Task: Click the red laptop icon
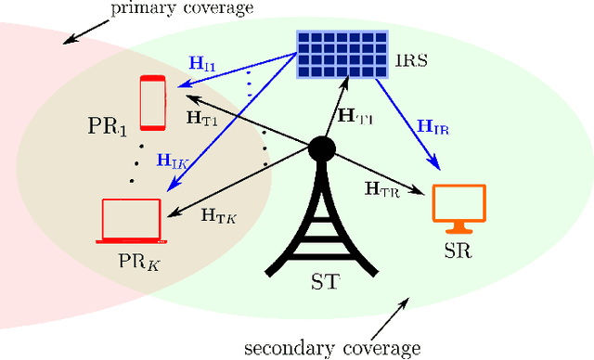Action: (131, 222)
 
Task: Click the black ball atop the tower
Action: (322, 148)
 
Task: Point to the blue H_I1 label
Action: (203, 65)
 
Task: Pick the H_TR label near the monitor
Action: (382, 191)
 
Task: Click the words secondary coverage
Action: (332, 348)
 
